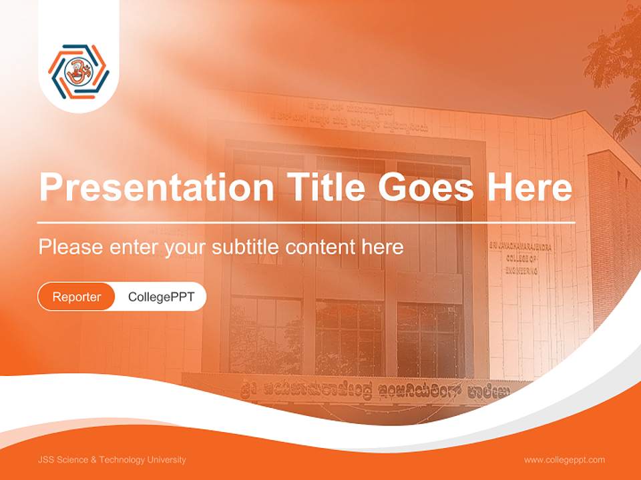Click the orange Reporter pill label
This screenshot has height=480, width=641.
pos(77,297)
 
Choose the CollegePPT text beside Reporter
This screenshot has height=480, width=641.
pos(161,297)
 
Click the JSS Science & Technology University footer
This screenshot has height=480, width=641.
pos(112,460)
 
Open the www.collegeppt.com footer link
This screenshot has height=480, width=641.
pos(564,460)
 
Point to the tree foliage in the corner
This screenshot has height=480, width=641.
pos(618,67)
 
